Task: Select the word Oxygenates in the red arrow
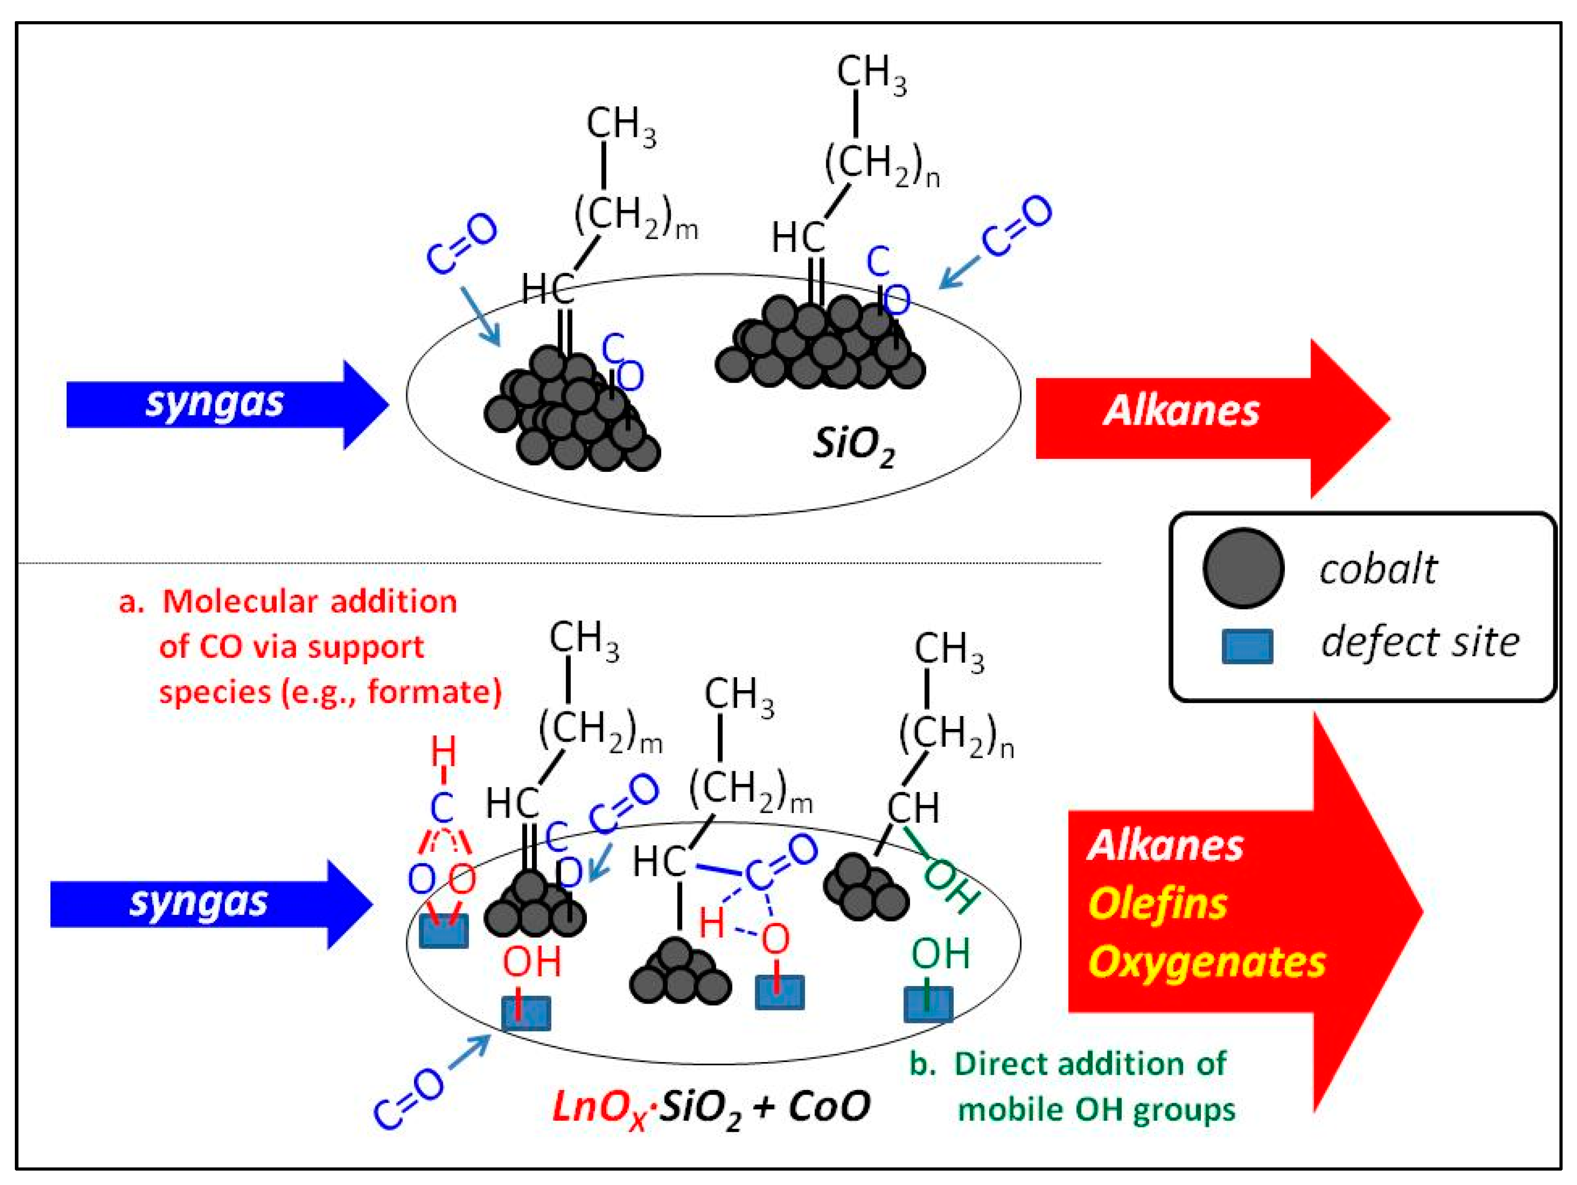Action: click(x=1206, y=962)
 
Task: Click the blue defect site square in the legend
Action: click(x=1247, y=646)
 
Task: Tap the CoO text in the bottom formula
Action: click(x=829, y=1107)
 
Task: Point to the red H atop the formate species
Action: click(x=443, y=752)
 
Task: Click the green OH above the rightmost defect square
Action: click(x=940, y=954)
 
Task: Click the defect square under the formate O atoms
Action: click(x=443, y=931)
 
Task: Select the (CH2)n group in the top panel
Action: click(x=881, y=165)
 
